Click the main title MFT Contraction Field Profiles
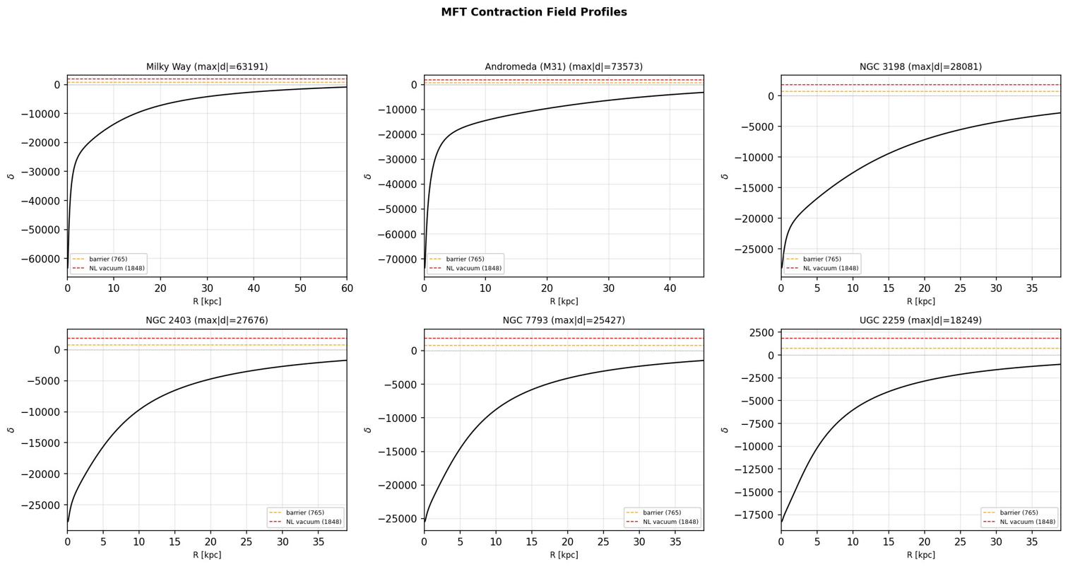[533, 12]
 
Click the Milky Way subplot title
[207, 67]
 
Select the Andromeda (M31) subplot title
[564, 67]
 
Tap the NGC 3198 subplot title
[920, 67]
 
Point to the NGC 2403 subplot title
[207, 320]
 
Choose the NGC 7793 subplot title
[564, 320]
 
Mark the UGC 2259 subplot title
[920, 320]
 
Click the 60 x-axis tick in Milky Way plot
[346, 288]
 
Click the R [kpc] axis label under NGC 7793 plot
[564, 555]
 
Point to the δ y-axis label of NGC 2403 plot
[11, 430]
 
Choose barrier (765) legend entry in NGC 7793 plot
[662, 512]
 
